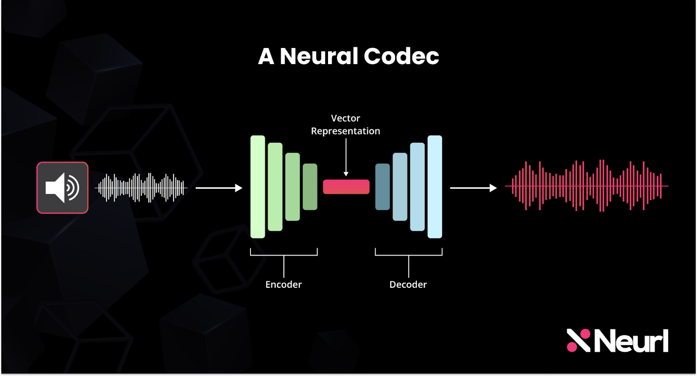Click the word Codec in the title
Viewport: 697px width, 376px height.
(401, 56)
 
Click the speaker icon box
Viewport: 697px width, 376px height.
(62, 188)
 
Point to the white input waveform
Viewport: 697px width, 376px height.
(141, 188)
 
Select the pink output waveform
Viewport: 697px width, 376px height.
(586, 186)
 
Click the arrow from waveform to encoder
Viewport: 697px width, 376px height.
(219, 188)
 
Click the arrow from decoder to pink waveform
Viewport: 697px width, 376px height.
(473, 188)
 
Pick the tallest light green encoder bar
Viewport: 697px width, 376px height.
(257, 187)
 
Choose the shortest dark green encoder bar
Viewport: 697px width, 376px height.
(310, 187)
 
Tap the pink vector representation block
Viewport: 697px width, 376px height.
(346, 187)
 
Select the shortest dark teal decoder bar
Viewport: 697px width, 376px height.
(382, 187)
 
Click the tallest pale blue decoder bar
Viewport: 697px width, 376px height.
(434, 187)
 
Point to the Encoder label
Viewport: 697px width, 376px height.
(283, 284)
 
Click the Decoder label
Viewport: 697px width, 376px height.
(408, 284)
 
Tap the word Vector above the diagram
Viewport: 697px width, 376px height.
(345, 118)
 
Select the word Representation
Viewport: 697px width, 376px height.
(345, 131)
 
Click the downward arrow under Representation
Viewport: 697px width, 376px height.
(346, 157)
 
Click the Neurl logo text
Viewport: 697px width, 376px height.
(631, 341)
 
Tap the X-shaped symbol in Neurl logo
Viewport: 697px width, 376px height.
(578, 340)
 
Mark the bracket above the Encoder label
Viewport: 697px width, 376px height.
(284, 254)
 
